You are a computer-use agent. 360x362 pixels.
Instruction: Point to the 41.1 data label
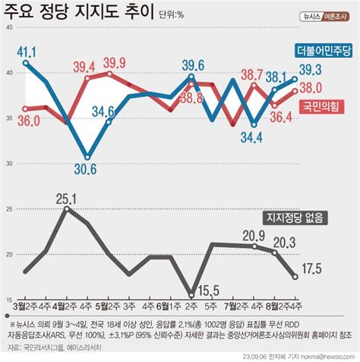pos(27,51)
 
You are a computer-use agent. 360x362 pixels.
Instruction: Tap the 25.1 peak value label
pos(68,198)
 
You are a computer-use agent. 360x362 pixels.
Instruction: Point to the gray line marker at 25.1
pos(67,208)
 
